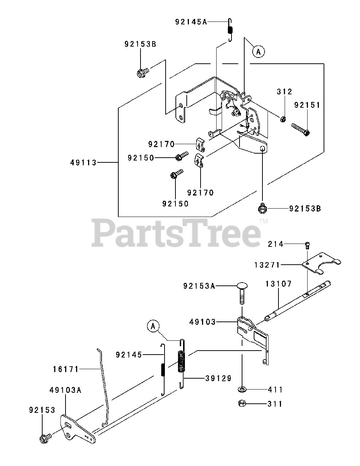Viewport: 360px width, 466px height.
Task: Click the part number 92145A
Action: click(191, 22)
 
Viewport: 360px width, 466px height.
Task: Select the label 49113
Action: click(83, 163)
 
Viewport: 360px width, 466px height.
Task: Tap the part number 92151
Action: click(307, 105)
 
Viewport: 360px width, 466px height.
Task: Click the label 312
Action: click(284, 91)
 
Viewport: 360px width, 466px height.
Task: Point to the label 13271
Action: click(268, 265)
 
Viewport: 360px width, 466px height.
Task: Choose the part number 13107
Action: click(278, 284)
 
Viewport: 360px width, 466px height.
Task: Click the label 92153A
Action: click(199, 286)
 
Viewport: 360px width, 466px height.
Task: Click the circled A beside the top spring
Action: click(258, 52)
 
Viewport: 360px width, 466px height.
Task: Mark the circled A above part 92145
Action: click(153, 327)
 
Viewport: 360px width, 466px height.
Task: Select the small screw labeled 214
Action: click(307, 245)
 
